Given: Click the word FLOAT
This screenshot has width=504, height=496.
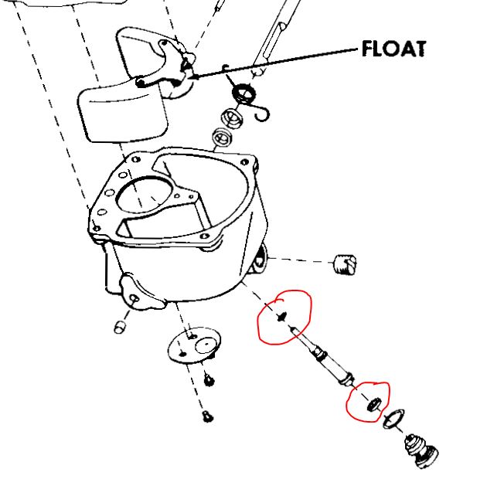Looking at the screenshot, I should tap(393, 49).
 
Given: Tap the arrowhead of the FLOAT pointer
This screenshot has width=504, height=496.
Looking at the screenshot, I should tap(192, 76).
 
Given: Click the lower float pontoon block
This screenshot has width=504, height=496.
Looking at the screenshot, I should tap(121, 113).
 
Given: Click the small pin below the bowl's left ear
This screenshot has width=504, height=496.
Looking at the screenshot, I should tap(121, 326).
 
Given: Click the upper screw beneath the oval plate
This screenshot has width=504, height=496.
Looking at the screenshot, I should tap(209, 379).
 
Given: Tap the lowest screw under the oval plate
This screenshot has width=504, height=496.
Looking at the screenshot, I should tap(207, 417).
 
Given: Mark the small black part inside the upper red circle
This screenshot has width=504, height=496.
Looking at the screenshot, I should tap(281, 316).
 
